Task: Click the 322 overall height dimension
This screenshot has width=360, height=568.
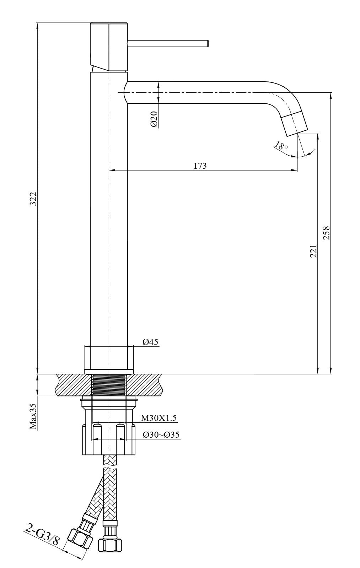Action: [x=34, y=199]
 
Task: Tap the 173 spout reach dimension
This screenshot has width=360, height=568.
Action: [x=200, y=166]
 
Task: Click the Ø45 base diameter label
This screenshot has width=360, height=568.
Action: [x=150, y=342]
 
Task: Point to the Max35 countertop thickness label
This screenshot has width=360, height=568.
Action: [x=33, y=417]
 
